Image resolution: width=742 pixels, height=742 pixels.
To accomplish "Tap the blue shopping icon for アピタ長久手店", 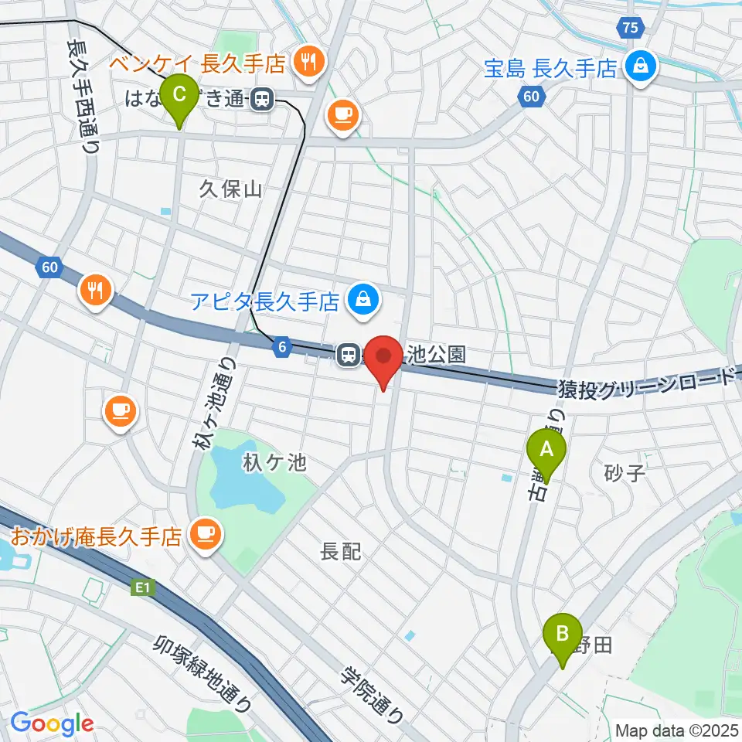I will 363,298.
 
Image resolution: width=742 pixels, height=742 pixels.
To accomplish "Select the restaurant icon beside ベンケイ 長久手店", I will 309,63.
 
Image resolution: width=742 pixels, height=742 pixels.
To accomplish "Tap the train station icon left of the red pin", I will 349,355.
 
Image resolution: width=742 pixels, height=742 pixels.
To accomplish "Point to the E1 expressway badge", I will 141,589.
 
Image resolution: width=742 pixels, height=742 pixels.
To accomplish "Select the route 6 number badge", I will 283,349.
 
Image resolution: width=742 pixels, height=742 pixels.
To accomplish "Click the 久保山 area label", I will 231,189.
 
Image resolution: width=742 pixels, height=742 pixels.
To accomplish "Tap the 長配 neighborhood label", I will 341,552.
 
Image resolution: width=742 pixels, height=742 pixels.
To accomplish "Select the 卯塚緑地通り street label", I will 203,673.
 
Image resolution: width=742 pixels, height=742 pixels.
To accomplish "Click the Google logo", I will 52,724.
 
